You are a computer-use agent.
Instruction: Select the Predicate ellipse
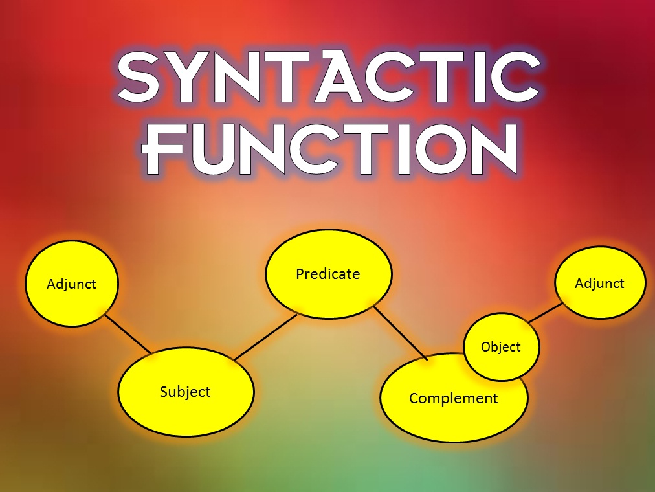tap(329, 274)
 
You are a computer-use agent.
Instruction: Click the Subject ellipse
tap(186, 392)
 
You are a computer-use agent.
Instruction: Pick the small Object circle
tap(501, 347)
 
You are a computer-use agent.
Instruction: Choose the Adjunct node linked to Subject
tap(72, 284)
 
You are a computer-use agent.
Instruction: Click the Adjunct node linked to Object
tap(600, 283)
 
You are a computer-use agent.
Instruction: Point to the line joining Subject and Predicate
tap(265, 337)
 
